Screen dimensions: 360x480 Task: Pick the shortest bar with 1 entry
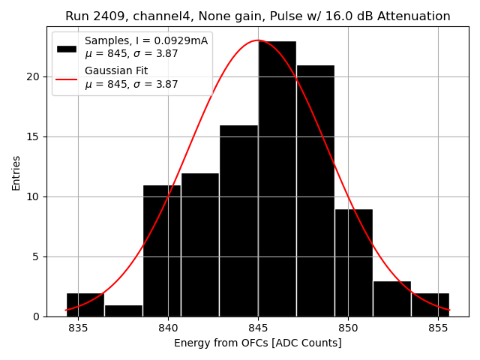124,310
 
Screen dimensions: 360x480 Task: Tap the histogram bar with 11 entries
162,250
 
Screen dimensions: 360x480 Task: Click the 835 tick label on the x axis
78,328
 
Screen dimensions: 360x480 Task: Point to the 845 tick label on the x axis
258,328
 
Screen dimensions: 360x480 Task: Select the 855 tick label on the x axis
438,328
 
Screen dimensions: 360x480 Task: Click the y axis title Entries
16,172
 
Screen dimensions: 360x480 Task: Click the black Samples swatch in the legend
67,48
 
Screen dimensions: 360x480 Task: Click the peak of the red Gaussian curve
258,40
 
